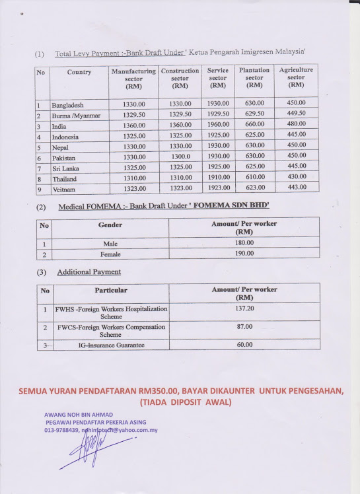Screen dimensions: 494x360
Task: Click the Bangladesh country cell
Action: click(x=68, y=105)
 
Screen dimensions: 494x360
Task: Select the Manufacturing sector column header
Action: click(x=133, y=78)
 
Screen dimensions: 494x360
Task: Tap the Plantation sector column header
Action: click(x=254, y=77)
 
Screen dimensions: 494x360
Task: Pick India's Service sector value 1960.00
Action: click(x=218, y=125)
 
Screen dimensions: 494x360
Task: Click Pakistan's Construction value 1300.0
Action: click(x=180, y=157)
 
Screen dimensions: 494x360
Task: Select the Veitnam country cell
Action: click(x=65, y=189)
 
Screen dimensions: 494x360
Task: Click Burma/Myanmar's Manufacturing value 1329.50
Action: click(x=134, y=114)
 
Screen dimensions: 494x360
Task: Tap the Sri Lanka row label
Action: click(x=66, y=168)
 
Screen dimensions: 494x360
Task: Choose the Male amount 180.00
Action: click(x=244, y=242)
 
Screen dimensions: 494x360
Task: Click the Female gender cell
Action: click(x=110, y=254)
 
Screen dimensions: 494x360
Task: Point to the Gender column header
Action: click(x=110, y=225)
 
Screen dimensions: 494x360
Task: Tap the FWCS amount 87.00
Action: click(x=244, y=327)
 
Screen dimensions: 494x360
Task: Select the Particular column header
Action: click(x=111, y=291)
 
